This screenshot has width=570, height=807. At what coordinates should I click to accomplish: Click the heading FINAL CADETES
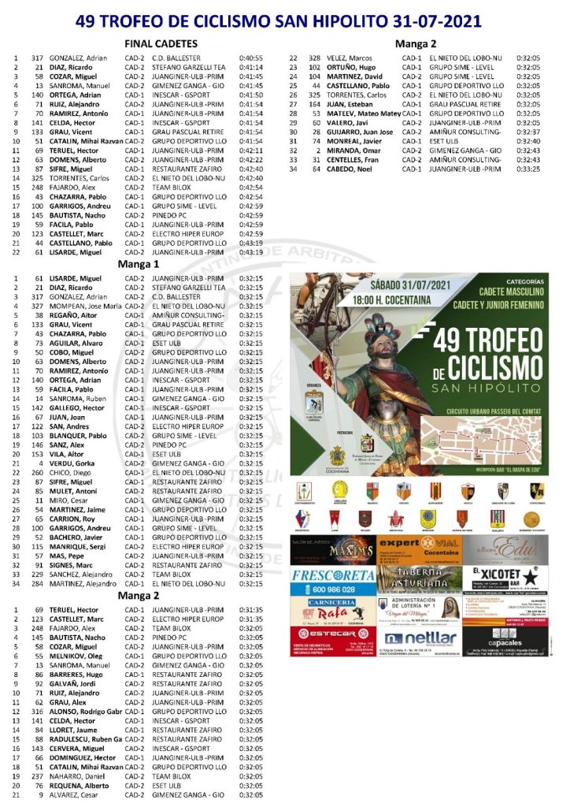[161, 44]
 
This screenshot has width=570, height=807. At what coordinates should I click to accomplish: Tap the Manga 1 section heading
[138, 264]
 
